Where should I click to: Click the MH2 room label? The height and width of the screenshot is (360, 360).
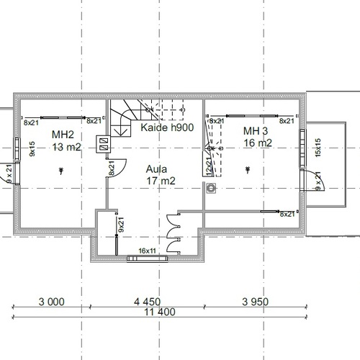point(63,135)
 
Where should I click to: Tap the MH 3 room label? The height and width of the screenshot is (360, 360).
point(256,131)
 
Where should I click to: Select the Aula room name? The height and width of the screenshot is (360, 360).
point(156,169)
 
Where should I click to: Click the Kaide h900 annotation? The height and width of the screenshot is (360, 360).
point(167,127)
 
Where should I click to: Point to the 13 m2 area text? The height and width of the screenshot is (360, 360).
point(66,147)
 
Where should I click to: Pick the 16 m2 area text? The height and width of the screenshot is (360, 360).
point(258,143)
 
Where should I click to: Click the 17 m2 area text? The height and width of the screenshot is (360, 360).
point(161,181)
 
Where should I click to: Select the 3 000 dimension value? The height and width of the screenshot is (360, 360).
point(52,302)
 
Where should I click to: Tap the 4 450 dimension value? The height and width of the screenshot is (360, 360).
point(147,302)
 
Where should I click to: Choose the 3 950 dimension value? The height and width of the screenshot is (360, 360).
point(255,302)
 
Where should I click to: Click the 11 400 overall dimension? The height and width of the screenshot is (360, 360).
point(160,312)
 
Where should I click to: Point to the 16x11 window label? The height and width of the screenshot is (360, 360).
point(147,251)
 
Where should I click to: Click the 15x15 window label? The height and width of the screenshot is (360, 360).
point(318,148)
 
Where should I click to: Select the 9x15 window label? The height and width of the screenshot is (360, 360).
point(32,149)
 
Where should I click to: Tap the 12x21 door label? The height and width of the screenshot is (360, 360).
point(208,166)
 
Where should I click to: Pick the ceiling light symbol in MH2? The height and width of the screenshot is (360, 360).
point(61,171)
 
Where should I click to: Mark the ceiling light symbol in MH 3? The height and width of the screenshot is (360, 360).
point(248,170)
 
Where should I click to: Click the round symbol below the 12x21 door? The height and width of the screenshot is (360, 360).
point(211,188)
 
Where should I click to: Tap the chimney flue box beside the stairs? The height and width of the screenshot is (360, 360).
point(104,144)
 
